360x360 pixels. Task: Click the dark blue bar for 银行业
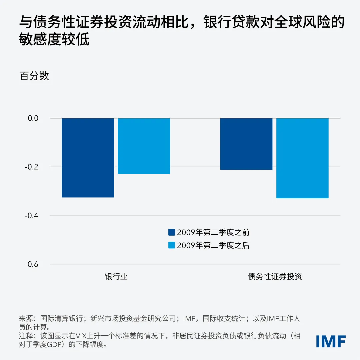88,158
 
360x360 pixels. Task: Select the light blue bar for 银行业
144,146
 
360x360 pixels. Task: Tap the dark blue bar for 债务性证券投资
246,144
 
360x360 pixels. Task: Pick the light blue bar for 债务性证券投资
302,158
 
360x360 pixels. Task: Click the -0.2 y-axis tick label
32,167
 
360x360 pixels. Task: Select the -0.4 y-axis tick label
32,216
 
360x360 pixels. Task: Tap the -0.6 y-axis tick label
32,264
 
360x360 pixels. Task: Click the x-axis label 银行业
116,277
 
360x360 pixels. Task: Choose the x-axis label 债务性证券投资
275,277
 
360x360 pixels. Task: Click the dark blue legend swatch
172,232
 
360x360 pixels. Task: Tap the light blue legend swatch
172,246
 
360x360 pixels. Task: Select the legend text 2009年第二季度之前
213,232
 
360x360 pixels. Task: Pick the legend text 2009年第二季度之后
213,246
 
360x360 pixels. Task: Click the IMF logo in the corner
331,341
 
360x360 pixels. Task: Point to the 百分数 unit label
34,76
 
